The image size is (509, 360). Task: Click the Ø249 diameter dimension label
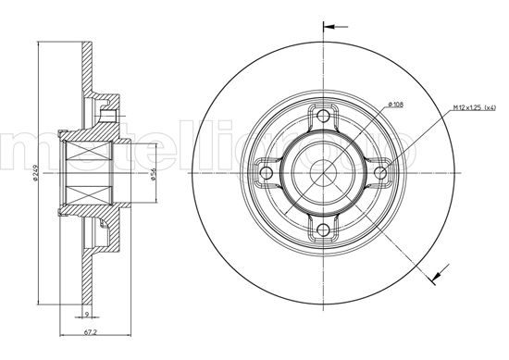point(34,173)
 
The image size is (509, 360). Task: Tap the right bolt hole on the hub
point(380,173)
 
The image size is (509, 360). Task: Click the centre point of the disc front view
point(323,173)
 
